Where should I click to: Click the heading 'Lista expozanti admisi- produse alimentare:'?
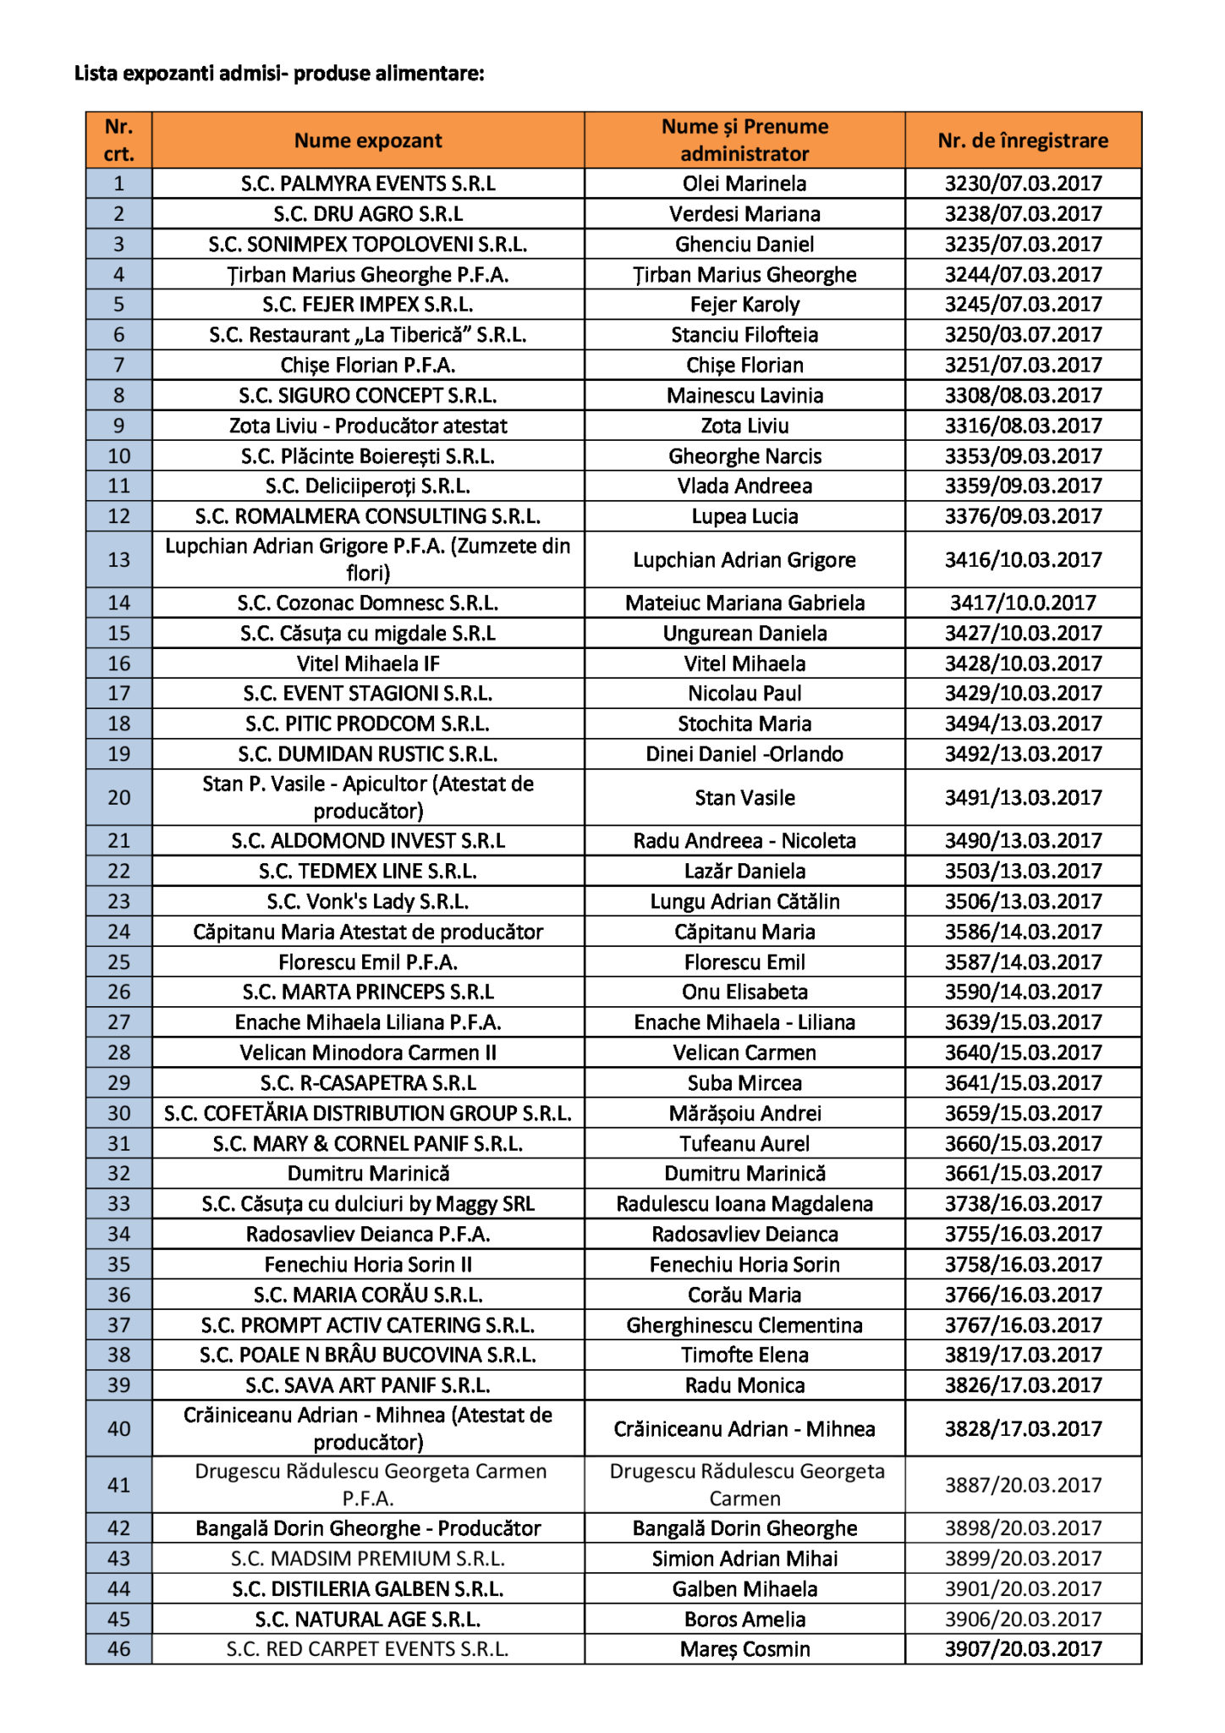tap(279, 74)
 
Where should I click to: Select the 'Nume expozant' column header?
tap(368, 140)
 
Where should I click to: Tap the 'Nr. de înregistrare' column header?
tap(1023, 140)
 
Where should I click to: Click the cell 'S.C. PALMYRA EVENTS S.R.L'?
tap(368, 184)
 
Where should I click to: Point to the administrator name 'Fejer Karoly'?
tap(744, 305)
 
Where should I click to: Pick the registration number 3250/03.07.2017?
tap(1023, 335)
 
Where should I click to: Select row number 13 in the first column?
tap(119, 559)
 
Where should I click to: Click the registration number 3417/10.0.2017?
tap(1023, 602)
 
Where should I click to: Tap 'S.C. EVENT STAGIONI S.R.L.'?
tap(368, 694)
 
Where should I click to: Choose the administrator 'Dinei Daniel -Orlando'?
tap(744, 754)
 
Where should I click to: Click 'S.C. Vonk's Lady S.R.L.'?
tap(368, 901)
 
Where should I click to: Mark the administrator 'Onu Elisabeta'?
tap(744, 992)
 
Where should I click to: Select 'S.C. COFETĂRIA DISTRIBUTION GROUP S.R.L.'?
tap(368, 1113)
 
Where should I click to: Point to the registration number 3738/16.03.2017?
tap(1023, 1203)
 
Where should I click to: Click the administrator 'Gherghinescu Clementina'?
tap(744, 1325)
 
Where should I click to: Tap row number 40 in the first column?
tap(119, 1428)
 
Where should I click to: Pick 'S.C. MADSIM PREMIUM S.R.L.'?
tap(368, 1558)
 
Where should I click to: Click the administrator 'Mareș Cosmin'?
tap(744, 1648)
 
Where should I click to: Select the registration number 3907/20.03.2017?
tap(1023, 1648)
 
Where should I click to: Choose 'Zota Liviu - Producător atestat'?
tap(368, 426)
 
